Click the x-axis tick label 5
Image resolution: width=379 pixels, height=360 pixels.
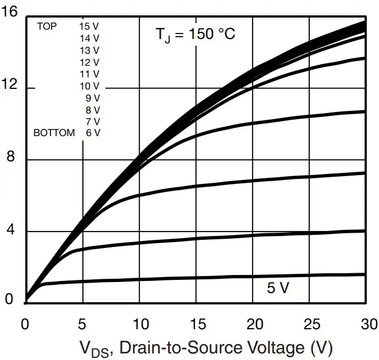[82, 323]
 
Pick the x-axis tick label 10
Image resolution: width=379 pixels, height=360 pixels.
[140, 323]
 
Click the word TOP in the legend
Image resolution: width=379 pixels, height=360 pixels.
[47, 26]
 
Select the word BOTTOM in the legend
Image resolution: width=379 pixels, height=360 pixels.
[54, 133]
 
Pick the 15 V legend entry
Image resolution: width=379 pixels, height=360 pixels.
[90, 26]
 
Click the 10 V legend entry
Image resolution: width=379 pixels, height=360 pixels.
[90, 86]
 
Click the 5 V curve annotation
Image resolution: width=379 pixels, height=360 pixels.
[278, 288]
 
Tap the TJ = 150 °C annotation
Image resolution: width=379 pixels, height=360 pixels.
[195, 34]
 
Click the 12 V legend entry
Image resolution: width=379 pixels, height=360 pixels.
[90, 62]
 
